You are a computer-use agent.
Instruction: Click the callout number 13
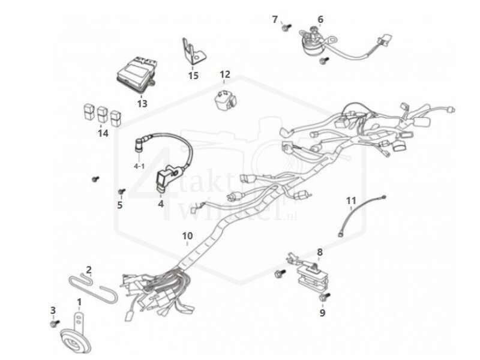click(x=142, y=104)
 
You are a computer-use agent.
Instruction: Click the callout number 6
click(x=320, y=20)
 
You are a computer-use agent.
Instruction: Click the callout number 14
click(x=103, y=133)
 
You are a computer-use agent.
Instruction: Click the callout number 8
click(x=320, y=252)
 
